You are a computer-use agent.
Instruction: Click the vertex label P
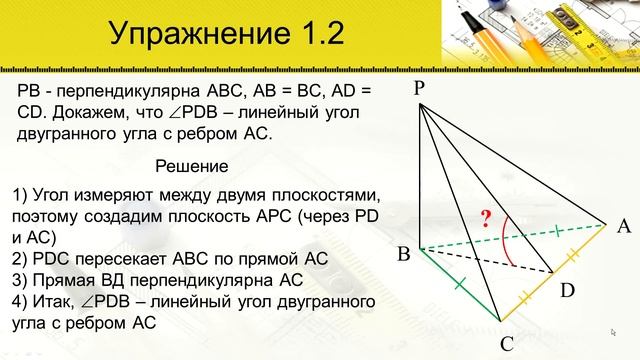pyautogui.click(x=420, y=89)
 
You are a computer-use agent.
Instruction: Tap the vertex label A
pyautogui.click(x=624, y=226)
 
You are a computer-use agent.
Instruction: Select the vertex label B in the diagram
pyautogui.click(x=404, y=255)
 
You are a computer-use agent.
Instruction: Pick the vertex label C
pyautogui.click(x=507, y=344)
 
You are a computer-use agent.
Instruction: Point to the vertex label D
pyautogui.click(x=567, y=291)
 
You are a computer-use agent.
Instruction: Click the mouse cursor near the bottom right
pyautogui.click(x=612, y=331)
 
